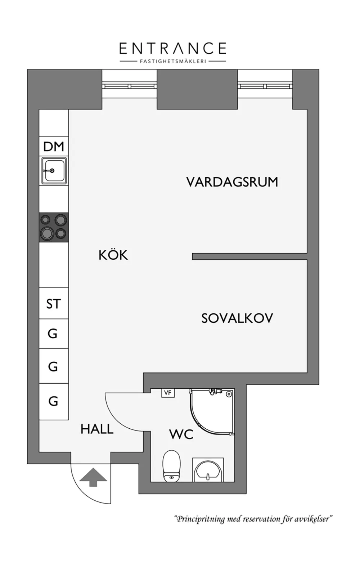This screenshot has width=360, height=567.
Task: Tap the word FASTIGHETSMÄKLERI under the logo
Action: (x=173, y=61)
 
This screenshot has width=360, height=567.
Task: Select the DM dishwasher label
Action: (x=54, y=147)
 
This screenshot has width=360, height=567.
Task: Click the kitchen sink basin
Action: (x=54, y=170)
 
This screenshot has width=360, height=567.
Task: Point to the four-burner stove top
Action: (x=54, y=227)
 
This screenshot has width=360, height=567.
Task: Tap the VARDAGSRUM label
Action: (x=232, y=182)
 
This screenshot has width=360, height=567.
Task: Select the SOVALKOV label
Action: (x=237, y=318)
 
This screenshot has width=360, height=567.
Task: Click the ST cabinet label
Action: (x=54, y=304)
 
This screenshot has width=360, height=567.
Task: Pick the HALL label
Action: (x=97, y=429)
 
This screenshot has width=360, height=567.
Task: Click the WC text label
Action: (x=181, y=434)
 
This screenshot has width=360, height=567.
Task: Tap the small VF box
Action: (x=168, y=393)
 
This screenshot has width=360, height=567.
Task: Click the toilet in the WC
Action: (x=172, y=466)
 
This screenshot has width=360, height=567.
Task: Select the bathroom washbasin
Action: (x=208, y=470)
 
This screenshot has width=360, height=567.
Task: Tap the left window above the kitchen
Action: (x=130, y=86)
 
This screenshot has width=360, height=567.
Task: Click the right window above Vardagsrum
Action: (x=265, y=86)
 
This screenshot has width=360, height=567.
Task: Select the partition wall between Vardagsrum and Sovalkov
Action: (x=250, y=256)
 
